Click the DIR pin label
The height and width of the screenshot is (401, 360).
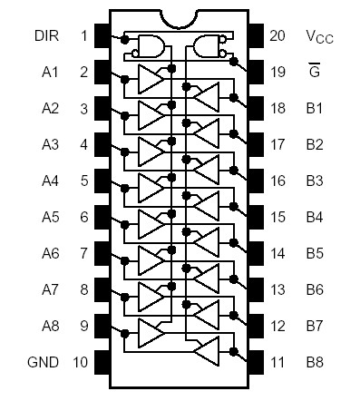point(49,35)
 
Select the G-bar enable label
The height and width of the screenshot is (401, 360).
point(315,71)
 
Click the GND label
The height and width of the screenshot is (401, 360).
point(44,362)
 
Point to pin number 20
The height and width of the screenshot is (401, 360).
point(277,35)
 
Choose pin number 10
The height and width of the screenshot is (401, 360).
point(80,362)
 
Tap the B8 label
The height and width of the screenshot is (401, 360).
point(315,362)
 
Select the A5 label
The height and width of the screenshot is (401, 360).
point(50,217)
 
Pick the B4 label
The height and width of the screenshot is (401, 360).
point(315,217)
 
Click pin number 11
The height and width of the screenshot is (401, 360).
point(277,362)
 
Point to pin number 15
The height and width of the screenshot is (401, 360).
point(277,217)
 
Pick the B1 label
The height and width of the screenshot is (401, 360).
point(315,108)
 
